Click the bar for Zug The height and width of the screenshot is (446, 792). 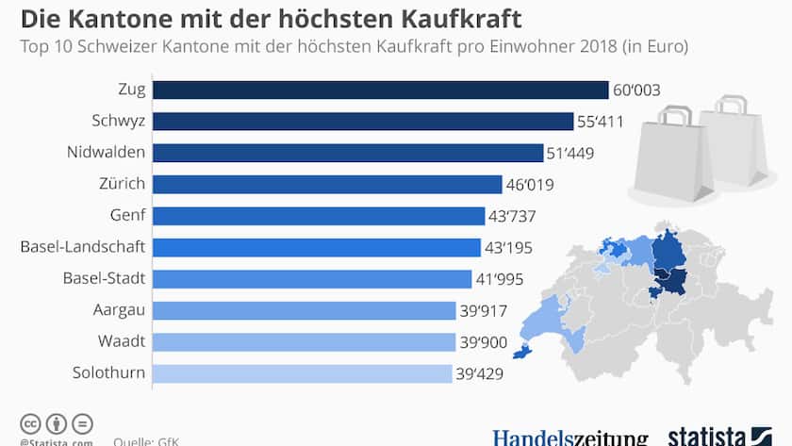[380, 90]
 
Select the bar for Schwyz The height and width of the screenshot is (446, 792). [363, 121]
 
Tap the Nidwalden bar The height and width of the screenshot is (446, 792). [348, 153]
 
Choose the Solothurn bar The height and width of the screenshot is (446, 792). [302, 373]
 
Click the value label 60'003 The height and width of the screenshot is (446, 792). [636, 91]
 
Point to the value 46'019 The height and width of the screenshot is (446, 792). [531, 185]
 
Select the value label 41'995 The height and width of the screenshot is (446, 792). [500, 279]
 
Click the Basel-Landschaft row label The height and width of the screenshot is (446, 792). [83, 247]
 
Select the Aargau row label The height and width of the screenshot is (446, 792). [118, 310]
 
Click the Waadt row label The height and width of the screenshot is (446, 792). [122, 341]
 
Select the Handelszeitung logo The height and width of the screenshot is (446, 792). [569, 438]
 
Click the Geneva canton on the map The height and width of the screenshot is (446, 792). [520, 352]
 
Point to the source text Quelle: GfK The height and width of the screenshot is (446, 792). [146, 440]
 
